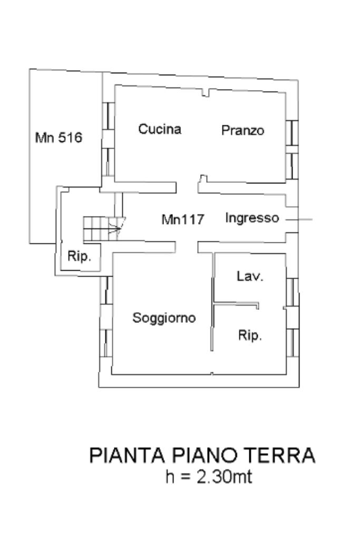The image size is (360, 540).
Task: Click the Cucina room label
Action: coord(160,129)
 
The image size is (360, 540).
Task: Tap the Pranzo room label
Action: coord(242,130)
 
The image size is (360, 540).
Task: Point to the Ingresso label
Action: coord(252,218)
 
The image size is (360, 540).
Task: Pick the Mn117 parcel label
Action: coord(182,220)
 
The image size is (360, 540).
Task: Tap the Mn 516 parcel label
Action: coord(59,138)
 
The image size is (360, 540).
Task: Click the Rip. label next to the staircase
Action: coord(80,257)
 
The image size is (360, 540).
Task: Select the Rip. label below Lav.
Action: coord(250,336)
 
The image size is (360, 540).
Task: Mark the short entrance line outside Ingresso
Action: coord(305,219)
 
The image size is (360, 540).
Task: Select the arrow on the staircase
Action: coord(115,228)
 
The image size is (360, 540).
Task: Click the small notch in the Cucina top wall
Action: coord(206,93)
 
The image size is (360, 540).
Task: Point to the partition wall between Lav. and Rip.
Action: coord(237,303)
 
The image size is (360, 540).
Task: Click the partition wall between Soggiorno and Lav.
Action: coord(213,300)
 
